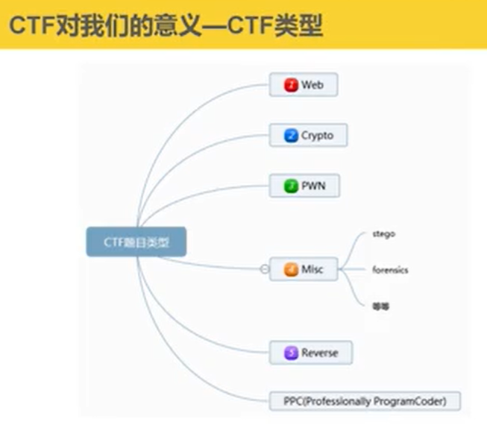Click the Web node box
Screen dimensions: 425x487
point(303,85)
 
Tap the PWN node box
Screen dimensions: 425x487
point(304,186)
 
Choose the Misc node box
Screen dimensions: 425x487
point(303,269)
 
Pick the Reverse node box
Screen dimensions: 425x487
point(310,353)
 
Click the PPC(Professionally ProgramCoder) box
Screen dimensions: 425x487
point(365,401)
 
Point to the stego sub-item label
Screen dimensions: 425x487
point(383,234)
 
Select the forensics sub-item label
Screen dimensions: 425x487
point(390,270)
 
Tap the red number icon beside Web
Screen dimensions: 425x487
point(291,85)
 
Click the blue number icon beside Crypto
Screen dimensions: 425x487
point(291,136)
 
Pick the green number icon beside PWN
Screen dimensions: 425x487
point(291,186)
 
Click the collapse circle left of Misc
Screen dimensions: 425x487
point(265,269)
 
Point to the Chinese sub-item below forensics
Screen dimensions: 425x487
point(381,306)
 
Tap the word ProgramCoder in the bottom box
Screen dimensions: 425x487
point(414,401)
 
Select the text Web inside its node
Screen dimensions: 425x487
point(312,85)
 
